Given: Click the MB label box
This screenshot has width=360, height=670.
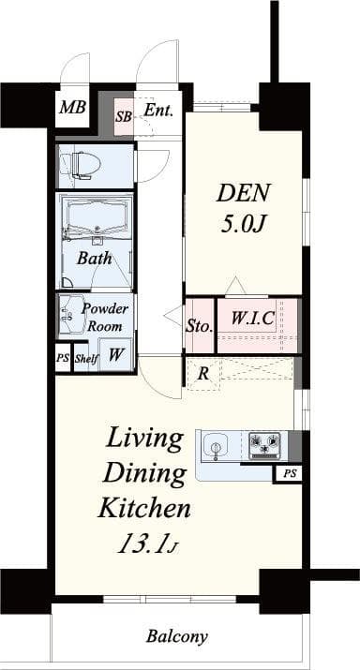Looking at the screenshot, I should coord(72,108).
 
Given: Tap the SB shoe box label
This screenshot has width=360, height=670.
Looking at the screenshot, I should coord(124,117).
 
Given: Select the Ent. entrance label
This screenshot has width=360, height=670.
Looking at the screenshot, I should coord(158,110).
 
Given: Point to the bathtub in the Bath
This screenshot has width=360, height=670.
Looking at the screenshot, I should coord(97,217).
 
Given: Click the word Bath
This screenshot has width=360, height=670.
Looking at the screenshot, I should coord(94,258).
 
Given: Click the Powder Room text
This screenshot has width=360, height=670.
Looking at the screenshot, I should coord(104,317).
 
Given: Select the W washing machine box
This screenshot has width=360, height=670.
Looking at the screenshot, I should coord(115,355).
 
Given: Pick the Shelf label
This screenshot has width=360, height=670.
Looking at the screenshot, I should coord(85,358).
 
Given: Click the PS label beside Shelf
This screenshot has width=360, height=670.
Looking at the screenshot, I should coord(63,358).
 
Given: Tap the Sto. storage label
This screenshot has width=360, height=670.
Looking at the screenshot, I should coord(199,326).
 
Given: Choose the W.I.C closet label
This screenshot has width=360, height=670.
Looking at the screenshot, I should coord(252,317).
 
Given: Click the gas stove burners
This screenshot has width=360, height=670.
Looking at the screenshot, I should coord(264,445).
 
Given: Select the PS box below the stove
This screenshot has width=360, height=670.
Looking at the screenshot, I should coord(290,474).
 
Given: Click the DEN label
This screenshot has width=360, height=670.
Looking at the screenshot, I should coord(244,193).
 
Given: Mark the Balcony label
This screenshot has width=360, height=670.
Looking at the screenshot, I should coord(176,636).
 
